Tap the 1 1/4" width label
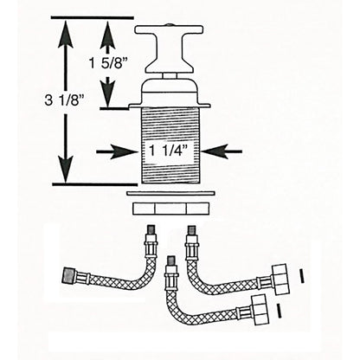(170, 151)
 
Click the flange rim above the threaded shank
(169, 108)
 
